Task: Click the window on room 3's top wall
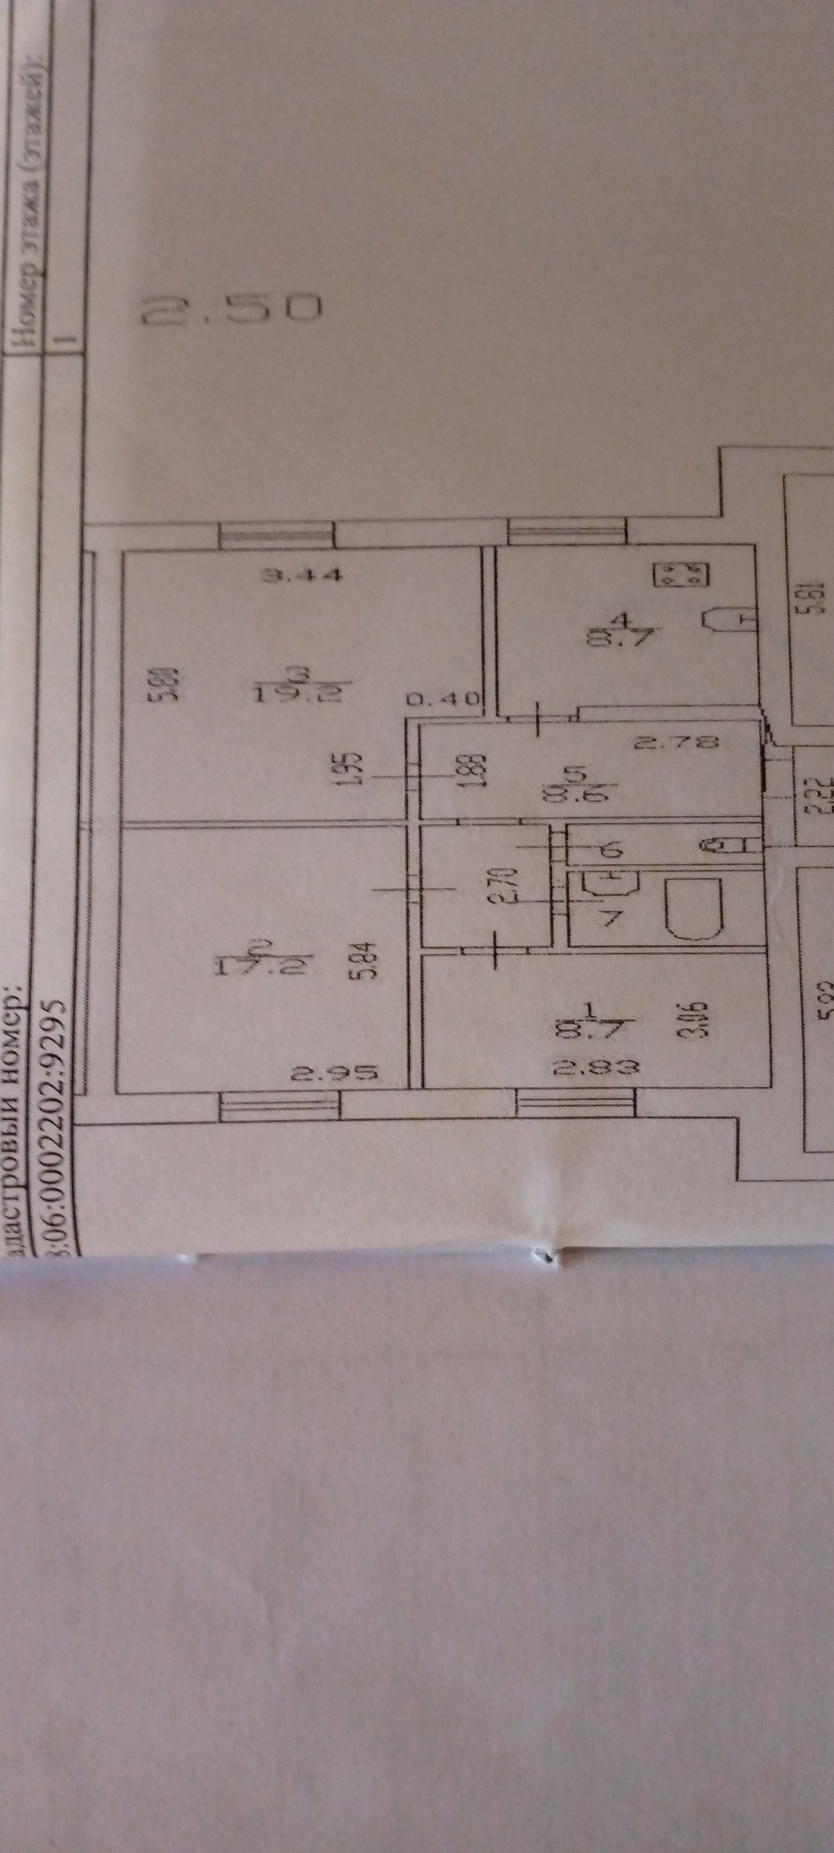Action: [x=277, y=535]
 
